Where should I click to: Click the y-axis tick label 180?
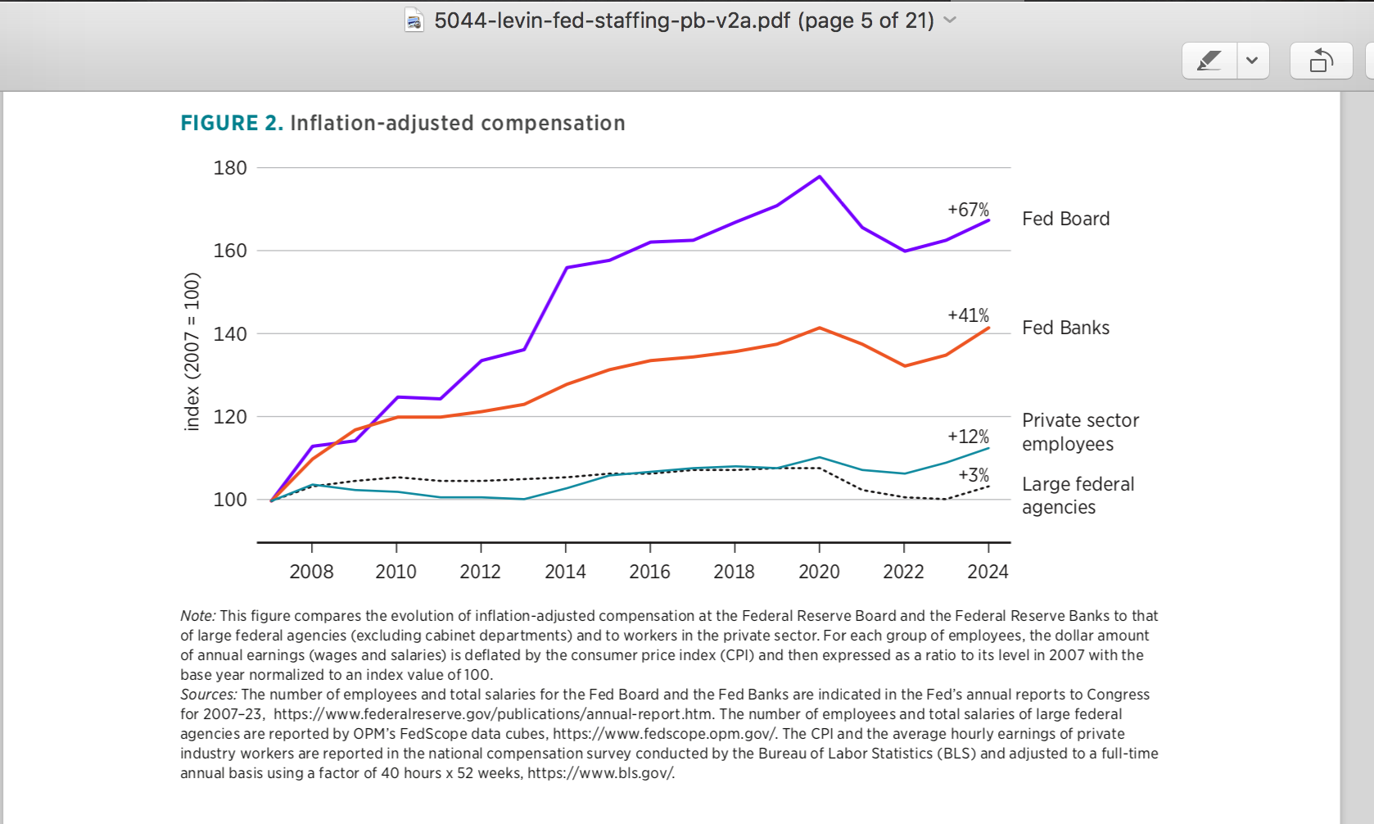(230, 168)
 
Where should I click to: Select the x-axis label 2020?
(819, 572)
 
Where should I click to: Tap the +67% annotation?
(968, 210)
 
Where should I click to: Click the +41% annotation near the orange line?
(968, 315)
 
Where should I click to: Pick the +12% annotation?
(968, 437)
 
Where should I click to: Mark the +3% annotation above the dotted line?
(974, 475)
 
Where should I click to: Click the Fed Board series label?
(1065, 219)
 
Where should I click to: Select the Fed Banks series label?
(1065, 328)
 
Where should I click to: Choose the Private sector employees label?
(1079, 432)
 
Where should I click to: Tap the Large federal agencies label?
(1078, 496)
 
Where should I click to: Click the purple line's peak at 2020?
(820, 177)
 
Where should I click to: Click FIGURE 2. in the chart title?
(232, 123)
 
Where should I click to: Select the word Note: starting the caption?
(198, 616)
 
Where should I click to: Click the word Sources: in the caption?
(209, 695)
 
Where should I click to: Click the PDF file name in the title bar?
(684, 20)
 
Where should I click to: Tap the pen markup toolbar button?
(1209, 61)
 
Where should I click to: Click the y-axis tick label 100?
(230, 500)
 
